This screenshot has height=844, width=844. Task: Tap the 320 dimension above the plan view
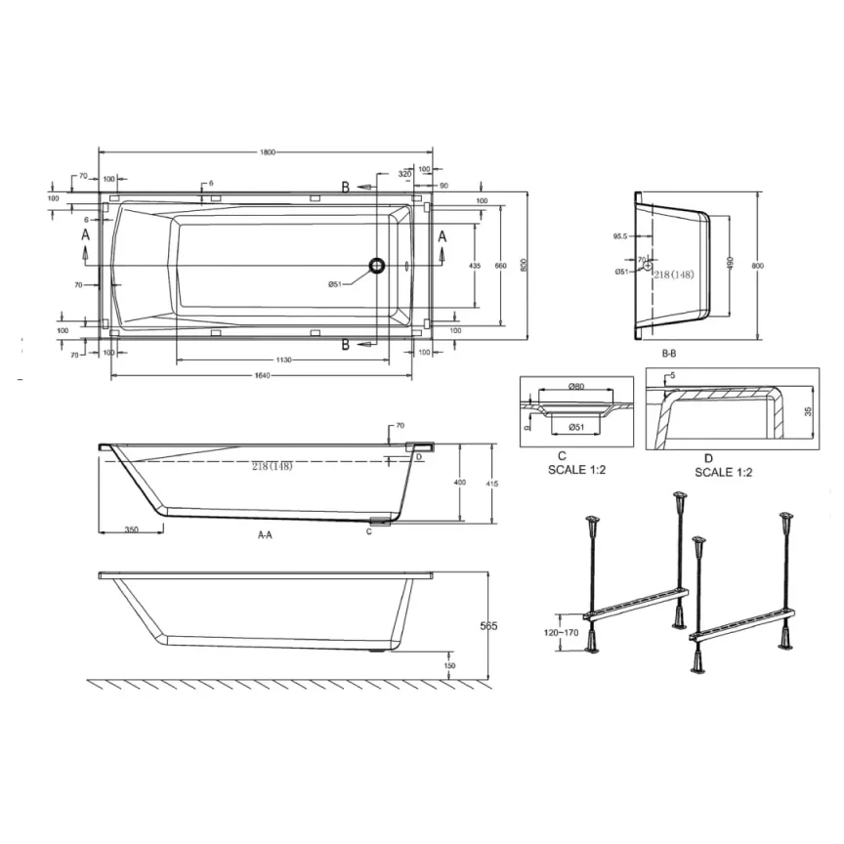pyautogui.click(x=404, y=174)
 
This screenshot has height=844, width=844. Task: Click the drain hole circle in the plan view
pyautogui.click(x=376, y=265)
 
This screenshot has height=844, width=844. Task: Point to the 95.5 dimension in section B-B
pyautogui.click(x=619, y=236)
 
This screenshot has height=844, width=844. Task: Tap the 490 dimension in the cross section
pyautogui.click(x=729, y=265)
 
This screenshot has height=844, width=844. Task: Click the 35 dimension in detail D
pyautogui.click(x=806, y=411)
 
